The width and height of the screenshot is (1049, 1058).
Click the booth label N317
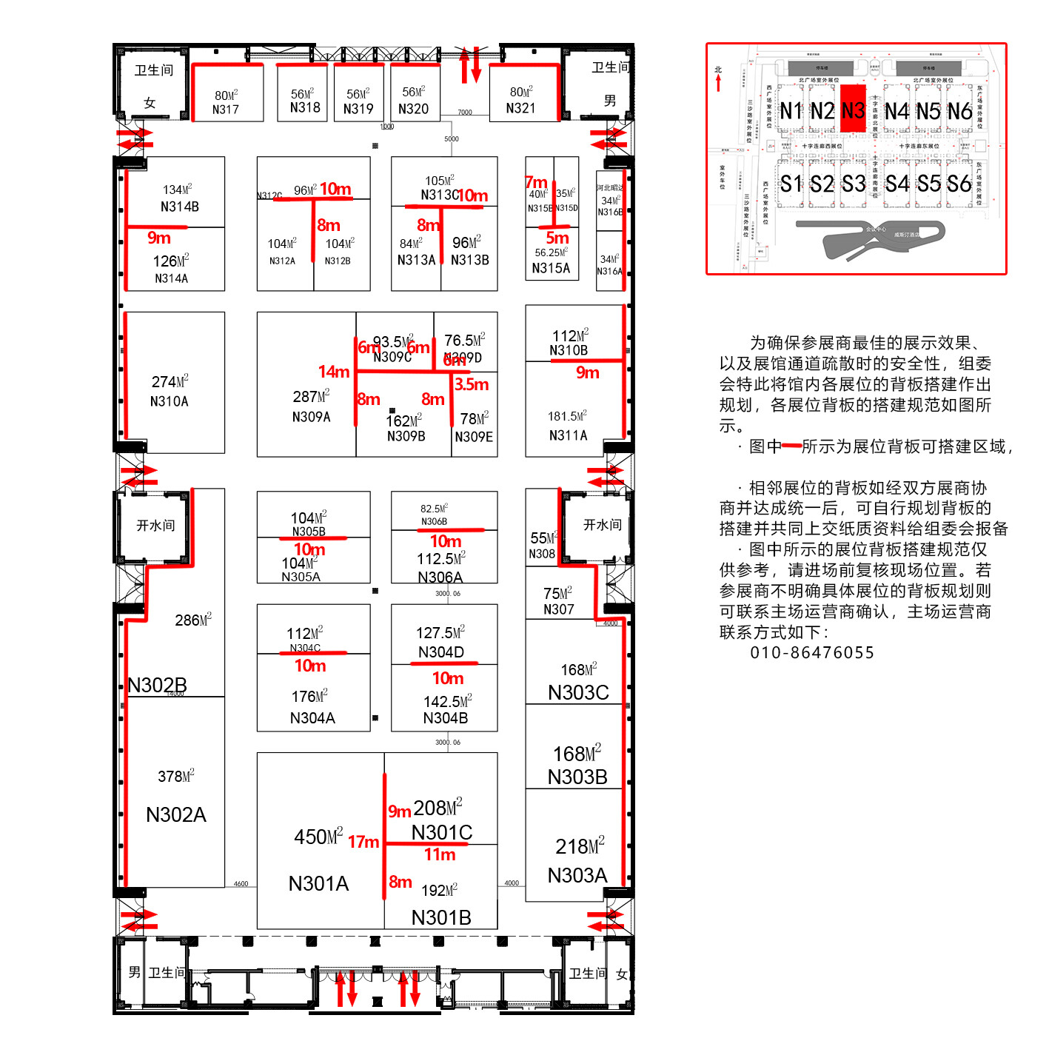click(x=225, y=110)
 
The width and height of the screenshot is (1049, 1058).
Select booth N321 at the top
click(x=520, y=108)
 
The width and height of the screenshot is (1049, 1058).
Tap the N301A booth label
click(x=318, y=883)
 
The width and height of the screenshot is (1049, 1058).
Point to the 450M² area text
click(x=318, y=837)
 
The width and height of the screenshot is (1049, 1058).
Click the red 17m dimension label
click(x=363, y=842)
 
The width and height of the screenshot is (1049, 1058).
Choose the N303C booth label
click(x=578, y=692)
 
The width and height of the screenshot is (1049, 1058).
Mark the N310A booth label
click(x=169, y=401)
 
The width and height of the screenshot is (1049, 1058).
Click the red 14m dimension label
click(x=333, y=372)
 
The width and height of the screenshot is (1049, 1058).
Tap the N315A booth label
click(x=551, y=268)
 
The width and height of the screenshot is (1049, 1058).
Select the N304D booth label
click(x=441, y=652)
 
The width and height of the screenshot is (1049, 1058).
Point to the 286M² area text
click(x=193, y=620)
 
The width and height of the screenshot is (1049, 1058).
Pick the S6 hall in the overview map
click(x=959, y=184)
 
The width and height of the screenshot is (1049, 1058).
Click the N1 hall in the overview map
click(x=791, y=111)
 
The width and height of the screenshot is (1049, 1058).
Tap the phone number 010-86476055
click(x=812, y=652)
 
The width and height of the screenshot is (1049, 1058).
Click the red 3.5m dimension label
click(x=472, y=384)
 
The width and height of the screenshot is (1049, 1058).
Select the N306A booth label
click(x=440, y=577)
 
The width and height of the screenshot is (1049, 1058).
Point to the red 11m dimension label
click(x=440, y=854)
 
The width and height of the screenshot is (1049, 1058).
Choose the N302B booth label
click(x=157, y=685)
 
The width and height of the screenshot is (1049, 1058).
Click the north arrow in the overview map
click(x=718, y=79)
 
